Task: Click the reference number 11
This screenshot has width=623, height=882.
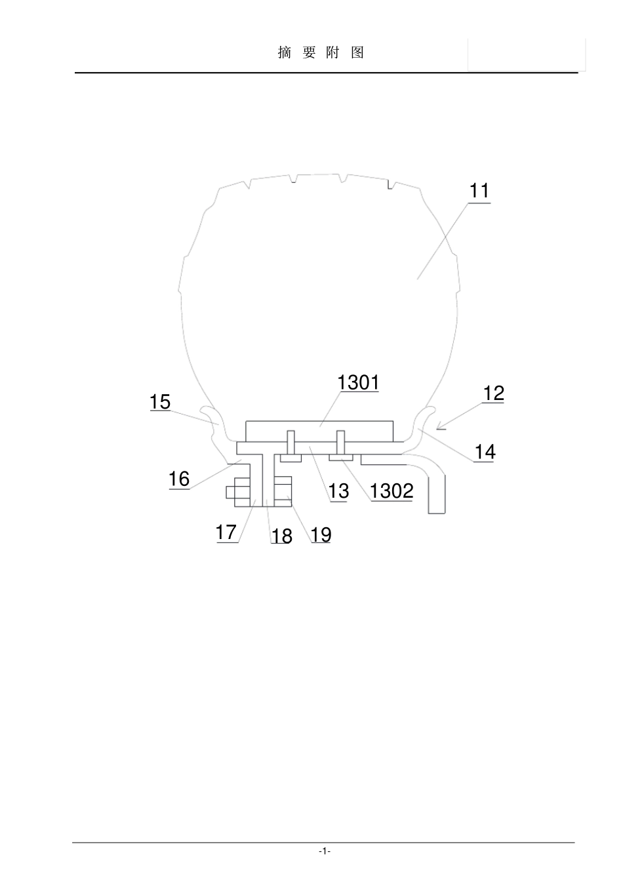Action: click(479, 191)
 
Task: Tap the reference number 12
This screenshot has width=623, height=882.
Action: click(493, 393)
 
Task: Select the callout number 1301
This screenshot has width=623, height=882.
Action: click(358, 382)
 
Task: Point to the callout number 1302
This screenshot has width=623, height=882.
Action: click(392, 491)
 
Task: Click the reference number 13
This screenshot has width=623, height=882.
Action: click(338, 491)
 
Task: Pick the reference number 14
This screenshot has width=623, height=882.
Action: click(485, 452)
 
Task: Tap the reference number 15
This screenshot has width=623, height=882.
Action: click(160, 402)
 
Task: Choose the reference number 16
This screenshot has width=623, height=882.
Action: click(179, 479)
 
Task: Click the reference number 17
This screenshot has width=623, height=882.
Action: click(226, 532)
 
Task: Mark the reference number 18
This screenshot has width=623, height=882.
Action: click(281, 536)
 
